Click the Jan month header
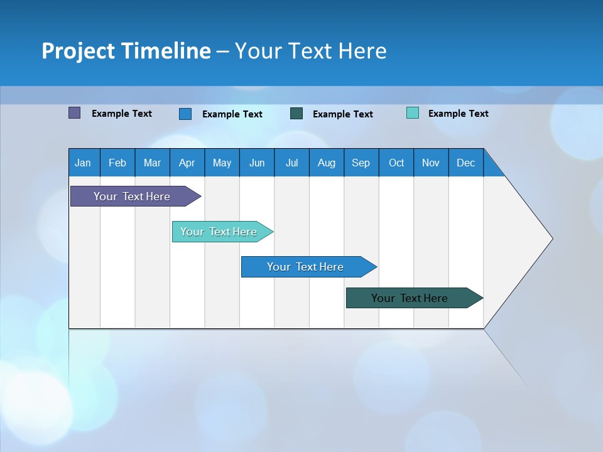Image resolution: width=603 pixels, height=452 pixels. tap(84, 163)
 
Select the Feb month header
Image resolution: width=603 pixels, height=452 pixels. tap(117, 163)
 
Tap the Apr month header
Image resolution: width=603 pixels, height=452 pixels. tap(187, 163)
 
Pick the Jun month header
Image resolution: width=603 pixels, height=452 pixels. tap(257, 163)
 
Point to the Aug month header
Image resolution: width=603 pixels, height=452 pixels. tap(327, 163)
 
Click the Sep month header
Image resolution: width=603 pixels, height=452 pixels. tap(361, 163)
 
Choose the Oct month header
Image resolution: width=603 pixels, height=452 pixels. tap(396, 163)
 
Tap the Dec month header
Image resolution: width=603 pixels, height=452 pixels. tap(466, 163)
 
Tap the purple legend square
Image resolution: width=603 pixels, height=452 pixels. tap(75, 113)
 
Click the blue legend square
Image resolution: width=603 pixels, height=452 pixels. tap(185, 114)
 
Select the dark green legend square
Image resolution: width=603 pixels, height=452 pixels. tap(296, 114)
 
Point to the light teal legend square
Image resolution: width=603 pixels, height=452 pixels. tap(413, 113)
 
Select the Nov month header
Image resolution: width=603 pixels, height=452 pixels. tap(431, 163)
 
